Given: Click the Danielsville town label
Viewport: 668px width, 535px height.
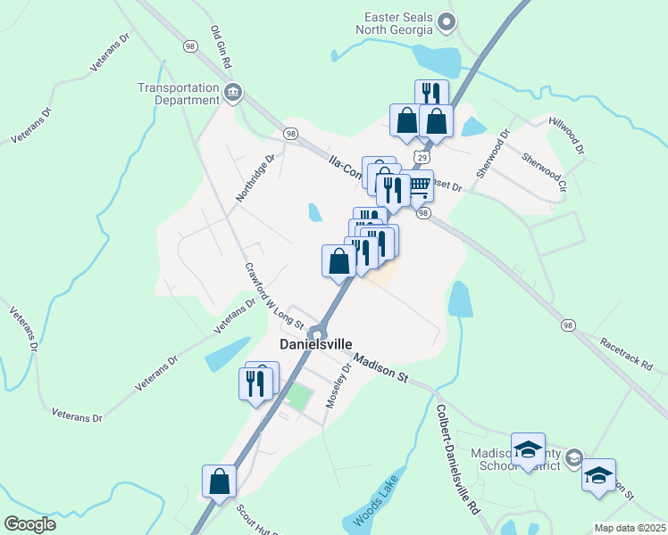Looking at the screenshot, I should click(x=316, y=344).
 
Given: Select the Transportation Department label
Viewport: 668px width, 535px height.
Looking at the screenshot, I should click(x=179, y=94).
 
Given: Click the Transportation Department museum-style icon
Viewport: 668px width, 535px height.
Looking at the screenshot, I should click(x=232, y=92).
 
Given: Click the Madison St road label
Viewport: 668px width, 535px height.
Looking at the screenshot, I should click(x=380, y=368).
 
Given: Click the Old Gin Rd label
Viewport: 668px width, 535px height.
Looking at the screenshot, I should click(x=221, y=47).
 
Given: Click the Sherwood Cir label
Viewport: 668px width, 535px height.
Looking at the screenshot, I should click(x=544, y=173).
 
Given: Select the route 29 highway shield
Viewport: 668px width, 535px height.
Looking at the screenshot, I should click(x=418, y=156).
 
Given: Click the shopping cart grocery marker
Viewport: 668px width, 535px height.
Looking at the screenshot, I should click(x=419, y=185).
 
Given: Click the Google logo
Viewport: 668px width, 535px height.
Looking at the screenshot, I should click(x=29, y=524).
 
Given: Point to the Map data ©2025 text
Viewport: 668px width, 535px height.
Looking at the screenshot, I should click(x=629, y=528).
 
